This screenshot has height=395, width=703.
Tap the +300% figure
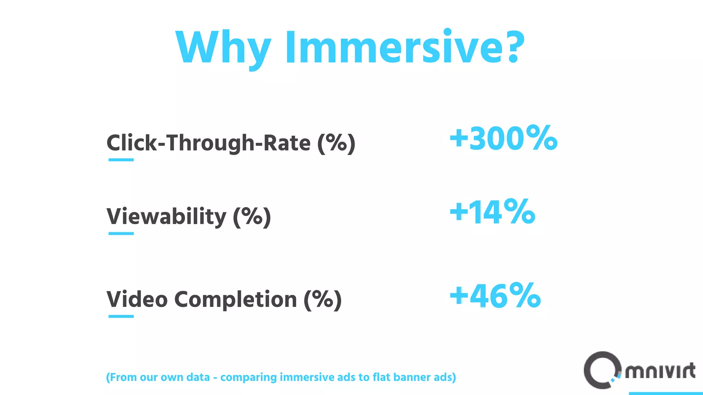point(504,138)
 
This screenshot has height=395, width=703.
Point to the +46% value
point(495,296)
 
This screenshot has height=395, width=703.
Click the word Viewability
point(166,217)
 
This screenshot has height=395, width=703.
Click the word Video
point(137,299)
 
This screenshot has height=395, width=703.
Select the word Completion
point(235,299)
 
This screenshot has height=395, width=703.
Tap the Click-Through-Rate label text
point(208,143)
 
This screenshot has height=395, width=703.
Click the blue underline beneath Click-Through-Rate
point(121,160)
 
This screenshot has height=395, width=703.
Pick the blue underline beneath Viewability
point(121,234)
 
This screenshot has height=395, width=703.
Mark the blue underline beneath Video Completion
point(121,316)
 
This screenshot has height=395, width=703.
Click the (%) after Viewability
point(252,217)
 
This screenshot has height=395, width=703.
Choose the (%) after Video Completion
point(323,299)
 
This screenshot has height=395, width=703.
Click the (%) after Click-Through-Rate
point(336,143)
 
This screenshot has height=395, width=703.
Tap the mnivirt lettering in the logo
point(660,371)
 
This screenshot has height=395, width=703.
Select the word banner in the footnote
point(412,377)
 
